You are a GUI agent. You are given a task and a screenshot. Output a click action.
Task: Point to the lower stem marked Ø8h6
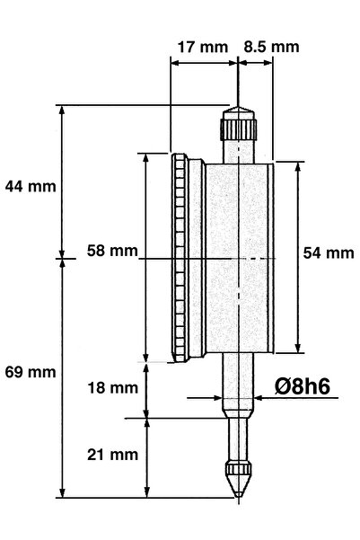pyautogui.click(x=238, y=386)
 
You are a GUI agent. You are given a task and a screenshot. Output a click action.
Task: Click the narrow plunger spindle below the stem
pyautogui.click(x=238, y=440)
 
